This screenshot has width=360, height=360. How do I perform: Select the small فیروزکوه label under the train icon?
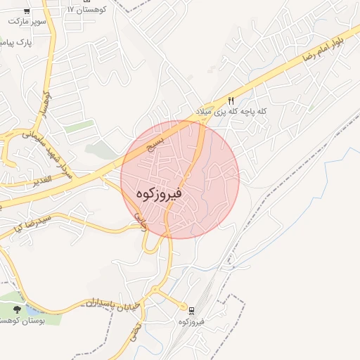(191, 321)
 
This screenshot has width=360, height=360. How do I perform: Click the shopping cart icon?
(26, 11)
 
